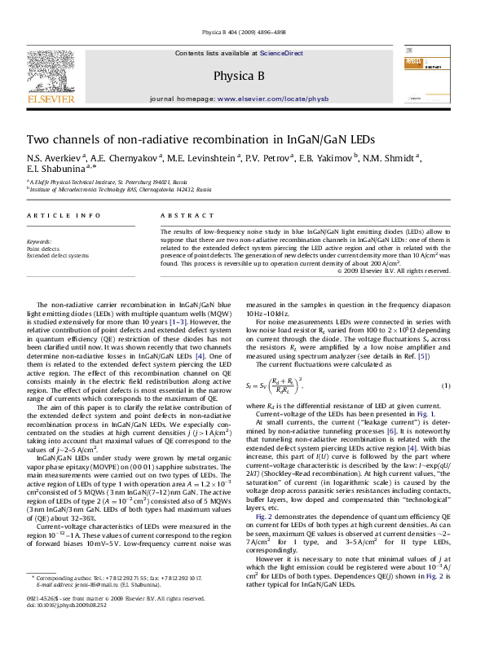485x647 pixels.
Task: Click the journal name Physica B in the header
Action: pos(242,77)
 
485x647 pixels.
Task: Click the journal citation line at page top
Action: pos(242,33)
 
